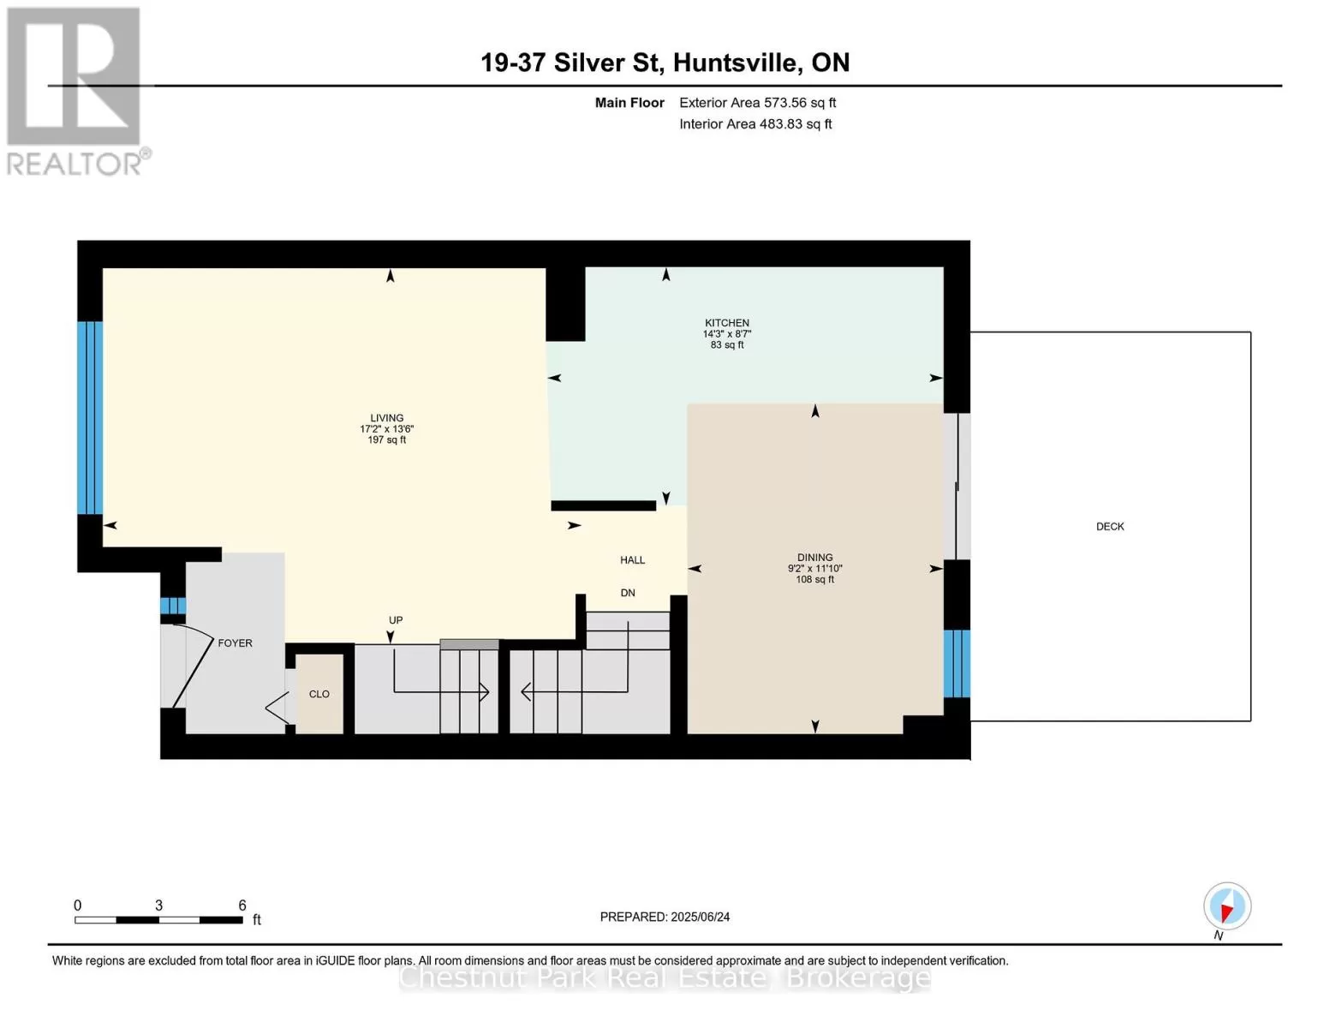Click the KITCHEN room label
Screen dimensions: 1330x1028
click(726, 323)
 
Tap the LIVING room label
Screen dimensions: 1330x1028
click(387, 417)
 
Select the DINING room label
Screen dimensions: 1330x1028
click(814, 557)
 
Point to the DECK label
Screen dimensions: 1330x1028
click(1110, 527)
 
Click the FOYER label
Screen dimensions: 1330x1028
click(235, 642)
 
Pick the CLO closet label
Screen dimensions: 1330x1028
click(319, 694)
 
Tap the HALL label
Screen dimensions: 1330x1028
click(632, 559)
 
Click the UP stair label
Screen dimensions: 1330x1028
click(396, 619)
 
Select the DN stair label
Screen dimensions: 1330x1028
click(628, 593)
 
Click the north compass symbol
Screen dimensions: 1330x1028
click(1226, 906)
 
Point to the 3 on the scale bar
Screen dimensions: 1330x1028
click(158, 905)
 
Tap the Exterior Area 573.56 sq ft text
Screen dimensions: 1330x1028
click(757, 102)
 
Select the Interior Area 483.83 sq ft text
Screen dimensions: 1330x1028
click(755, 123)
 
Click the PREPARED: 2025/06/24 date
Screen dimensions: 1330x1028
click(665, 917)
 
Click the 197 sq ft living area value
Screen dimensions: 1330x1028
click(387, 439)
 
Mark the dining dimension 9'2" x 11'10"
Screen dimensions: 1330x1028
click(814, 568)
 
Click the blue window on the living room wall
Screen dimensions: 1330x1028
click(89, 417)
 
